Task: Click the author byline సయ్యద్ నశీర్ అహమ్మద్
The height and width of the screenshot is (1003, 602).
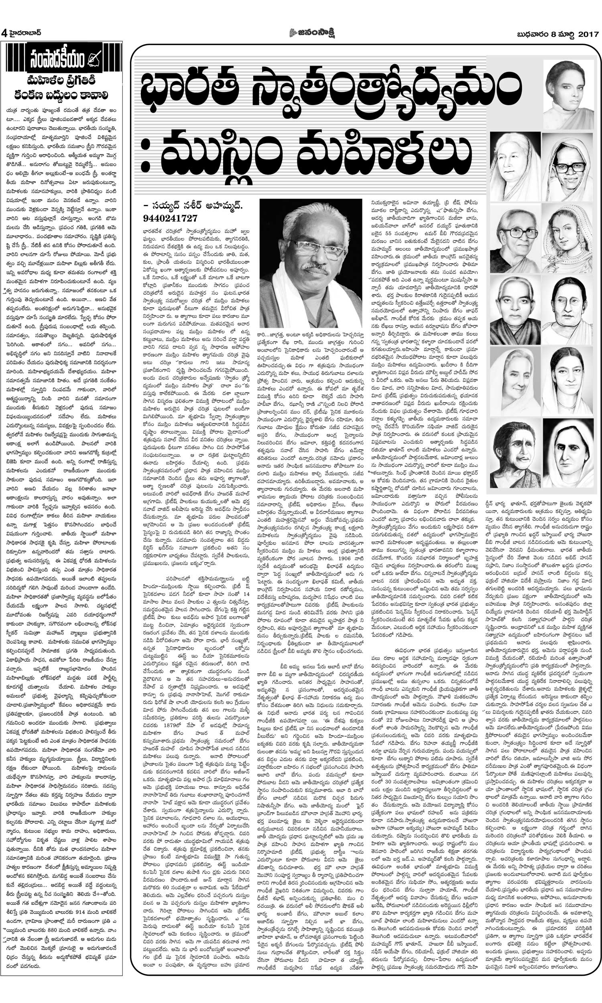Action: [195, 206]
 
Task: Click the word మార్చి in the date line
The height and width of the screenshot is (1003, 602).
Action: [565, 34]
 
